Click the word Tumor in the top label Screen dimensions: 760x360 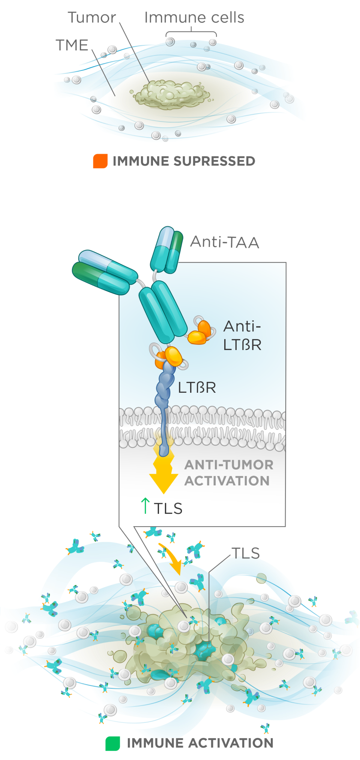(x=92, y=18)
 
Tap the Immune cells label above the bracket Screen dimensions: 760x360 (x=194, y=17)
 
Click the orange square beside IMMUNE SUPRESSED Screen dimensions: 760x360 (x=100, y=161)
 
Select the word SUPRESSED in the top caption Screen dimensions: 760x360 (x=214, y=161)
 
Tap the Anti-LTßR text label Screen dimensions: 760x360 (x=242, y=335)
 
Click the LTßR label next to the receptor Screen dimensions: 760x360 (x=197, y=387)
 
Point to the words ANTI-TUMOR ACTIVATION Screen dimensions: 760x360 (x=228, y=473)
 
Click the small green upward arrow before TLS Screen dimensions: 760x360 (x=145, y=506)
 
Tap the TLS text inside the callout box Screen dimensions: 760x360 (x=168, y=509)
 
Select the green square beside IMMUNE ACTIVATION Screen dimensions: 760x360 (x=112, y=743)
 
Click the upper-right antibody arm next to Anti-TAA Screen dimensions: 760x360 (x=167, y=250)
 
